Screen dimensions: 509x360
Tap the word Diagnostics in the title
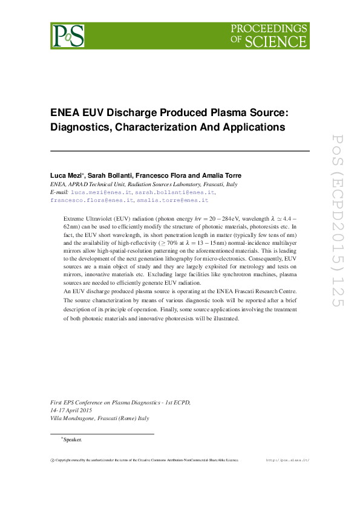click(x=80, y=127)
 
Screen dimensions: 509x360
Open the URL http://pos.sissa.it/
click(x=287, y=460)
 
